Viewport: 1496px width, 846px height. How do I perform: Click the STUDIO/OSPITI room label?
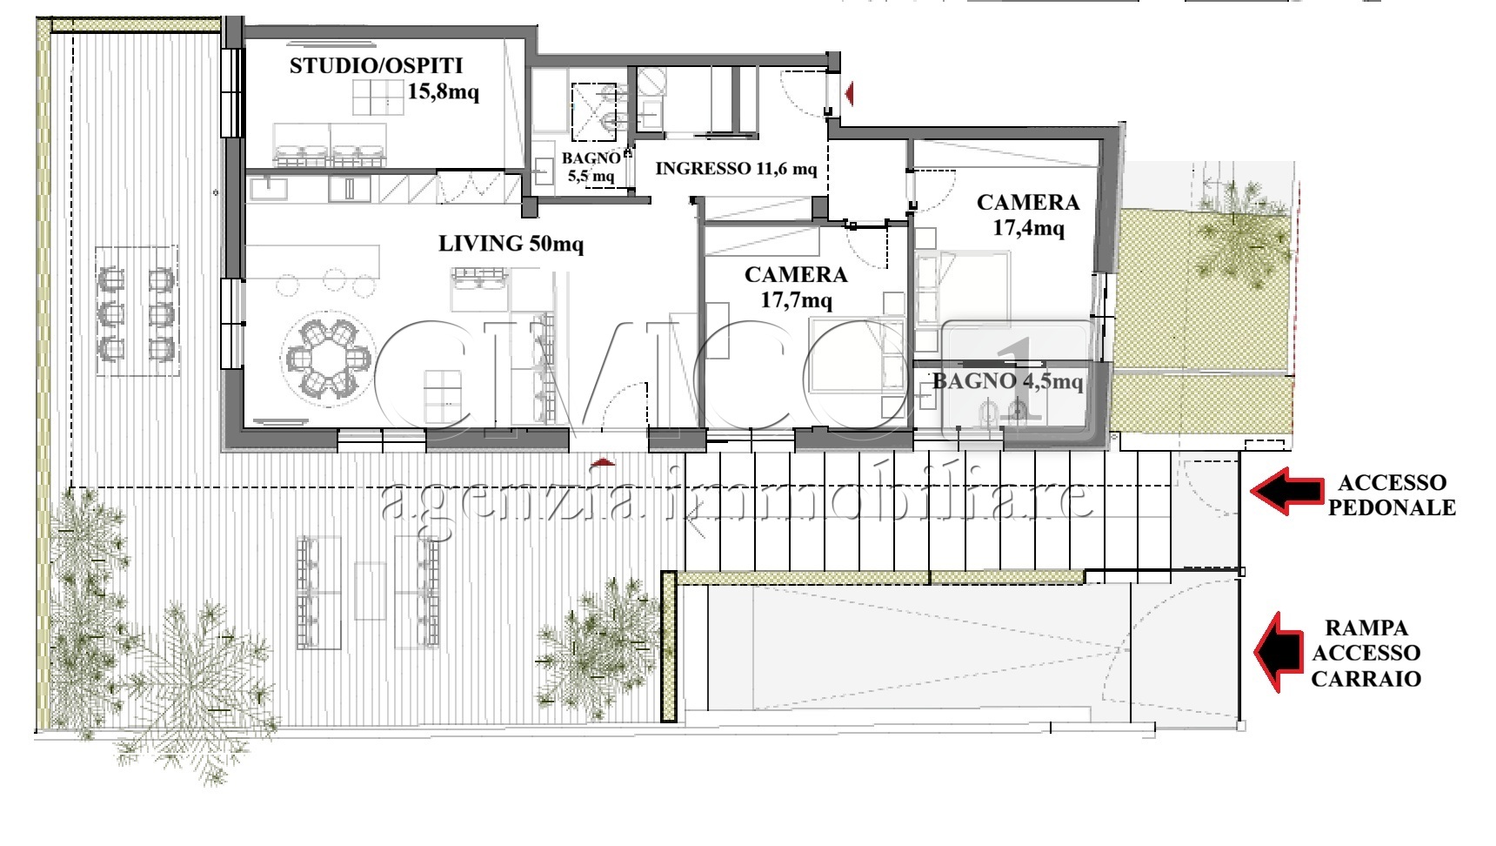tap(376, 65)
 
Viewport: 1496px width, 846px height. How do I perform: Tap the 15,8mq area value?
tap(444, 91)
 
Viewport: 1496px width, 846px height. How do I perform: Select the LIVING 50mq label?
tap(511, 244)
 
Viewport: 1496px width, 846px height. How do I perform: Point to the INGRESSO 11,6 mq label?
tap(736, 168)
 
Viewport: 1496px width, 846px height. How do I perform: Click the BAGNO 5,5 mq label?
tap(591, 167)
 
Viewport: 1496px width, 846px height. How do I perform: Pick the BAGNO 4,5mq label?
tap(1008, 381)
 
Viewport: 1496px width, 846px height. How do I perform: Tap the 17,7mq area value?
tap(797, 301)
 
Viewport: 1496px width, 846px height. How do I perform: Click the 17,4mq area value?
tap(1029, 228)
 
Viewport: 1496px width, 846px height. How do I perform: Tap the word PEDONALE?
tap(1392, 508)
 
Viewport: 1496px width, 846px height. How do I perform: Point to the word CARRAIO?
tap(1366, 679)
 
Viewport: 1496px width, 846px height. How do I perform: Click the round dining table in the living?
tap(328, 357)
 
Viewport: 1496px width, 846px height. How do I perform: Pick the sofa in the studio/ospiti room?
tap(331, 145)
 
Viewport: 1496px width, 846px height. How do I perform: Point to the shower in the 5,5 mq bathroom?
tap(593, 110)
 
